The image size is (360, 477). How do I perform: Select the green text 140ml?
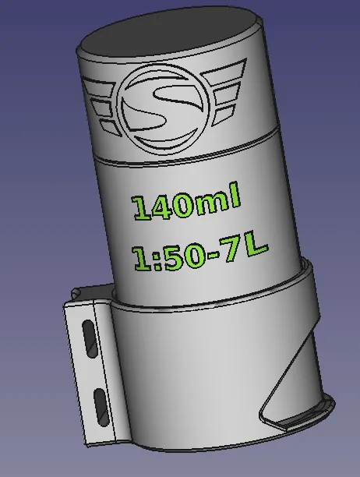pos(186,203)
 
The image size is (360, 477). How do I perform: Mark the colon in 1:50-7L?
pos(154,260)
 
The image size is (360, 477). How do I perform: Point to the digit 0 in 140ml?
pos(184,205)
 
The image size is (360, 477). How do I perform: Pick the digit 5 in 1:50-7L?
pos(173,257)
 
